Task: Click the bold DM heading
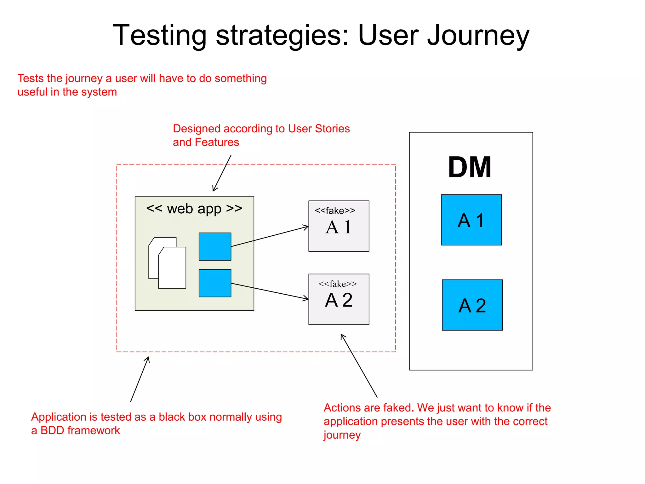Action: click(470, 167)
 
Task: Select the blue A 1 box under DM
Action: click(471, 220)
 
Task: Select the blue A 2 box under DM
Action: click(472, 305)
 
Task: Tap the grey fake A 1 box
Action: click(339, 226)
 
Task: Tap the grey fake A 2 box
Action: click(339, 299)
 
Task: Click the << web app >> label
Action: click(194, 209)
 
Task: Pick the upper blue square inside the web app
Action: click(215, 247)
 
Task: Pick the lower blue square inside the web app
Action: click(215, 283)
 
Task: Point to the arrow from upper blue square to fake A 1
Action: click(270, 236)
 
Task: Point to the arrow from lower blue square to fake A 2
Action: click(270, 291)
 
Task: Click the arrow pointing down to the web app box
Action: click(222, 173)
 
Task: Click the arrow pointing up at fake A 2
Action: click(359, 366)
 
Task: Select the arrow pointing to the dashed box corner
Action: click(140, 380)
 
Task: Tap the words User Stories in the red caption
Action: click(319, 129)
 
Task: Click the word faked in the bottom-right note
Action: click(398, 408)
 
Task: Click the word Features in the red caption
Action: click(217, 142)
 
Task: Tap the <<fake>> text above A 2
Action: click(338, 284)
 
